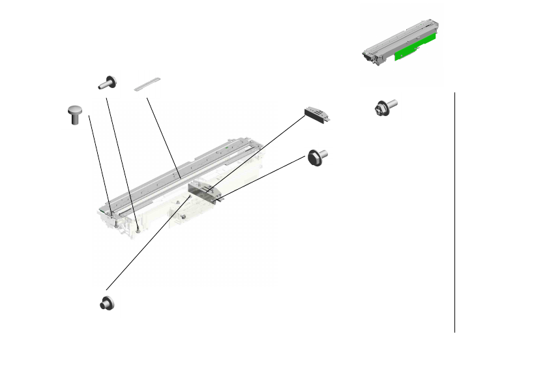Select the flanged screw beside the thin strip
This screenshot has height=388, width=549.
(107, 82)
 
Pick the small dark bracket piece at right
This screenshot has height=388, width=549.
(318, 115)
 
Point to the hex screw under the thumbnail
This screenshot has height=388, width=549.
(384, 106)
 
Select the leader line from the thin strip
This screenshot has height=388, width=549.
(163, 136)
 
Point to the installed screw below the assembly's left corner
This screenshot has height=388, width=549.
(139, 230)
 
